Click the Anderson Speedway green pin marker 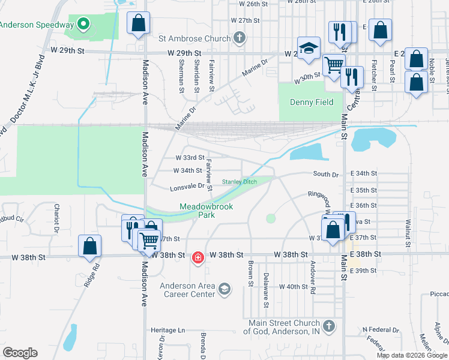coord(84,25)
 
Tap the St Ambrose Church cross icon coord(239,39)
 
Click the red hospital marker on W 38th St coord(197,258)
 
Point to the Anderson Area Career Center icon coord(224,290)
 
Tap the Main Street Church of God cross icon coord(328,326)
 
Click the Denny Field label coord(312,102)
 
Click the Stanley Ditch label coord(240,182)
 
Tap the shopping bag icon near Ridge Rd coord(89,246)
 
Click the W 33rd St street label coord(190,158)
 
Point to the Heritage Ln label coord(167,330)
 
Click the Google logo coord(20,353)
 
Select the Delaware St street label coord(266,290)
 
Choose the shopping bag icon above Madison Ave coord(139,23)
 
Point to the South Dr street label coord(326,174)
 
